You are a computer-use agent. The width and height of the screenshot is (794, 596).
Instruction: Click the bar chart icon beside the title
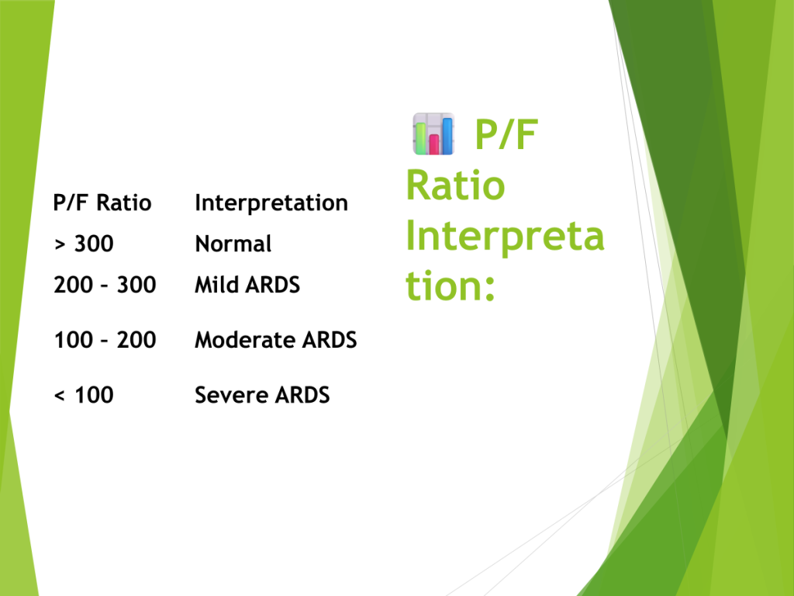[x=433, y=133]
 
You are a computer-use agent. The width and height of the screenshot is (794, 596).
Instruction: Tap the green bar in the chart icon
[x=420, y=138]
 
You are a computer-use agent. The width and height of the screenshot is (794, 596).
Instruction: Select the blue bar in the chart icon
[x=447, y=136]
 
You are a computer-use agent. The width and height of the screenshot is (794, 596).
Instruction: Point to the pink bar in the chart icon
[x=434, y=144]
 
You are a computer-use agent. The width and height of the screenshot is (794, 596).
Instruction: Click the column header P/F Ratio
[x=102, y=203]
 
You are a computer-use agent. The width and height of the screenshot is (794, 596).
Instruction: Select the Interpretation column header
[x=271, y=203]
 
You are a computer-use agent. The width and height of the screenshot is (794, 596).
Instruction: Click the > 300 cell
[x=84, y=244]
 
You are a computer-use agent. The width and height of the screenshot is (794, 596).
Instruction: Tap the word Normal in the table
[x=233, y=244]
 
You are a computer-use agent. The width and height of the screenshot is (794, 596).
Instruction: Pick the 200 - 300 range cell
[x=105, y=285]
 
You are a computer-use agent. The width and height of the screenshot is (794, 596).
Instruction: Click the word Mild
[x=217, y=285]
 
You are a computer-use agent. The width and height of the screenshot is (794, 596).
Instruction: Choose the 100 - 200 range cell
[x=105, y=340]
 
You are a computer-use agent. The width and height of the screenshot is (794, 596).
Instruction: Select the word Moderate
[x=245, y=340]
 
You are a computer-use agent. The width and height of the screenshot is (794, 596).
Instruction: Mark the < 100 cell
[x=84, y=395]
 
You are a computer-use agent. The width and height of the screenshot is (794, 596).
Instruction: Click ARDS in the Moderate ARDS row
[x=330, y=340]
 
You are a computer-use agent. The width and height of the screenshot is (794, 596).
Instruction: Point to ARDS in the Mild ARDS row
[x=273, y=285]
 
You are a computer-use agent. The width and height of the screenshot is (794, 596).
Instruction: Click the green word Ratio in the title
[x=456, y=185]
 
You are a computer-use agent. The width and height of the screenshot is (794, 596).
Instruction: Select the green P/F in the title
[x=506, y=134]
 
